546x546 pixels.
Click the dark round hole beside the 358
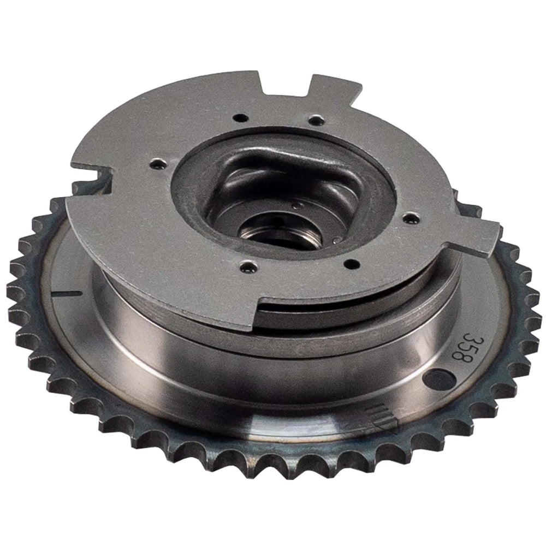pyautogui.click(x=441, y=380)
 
